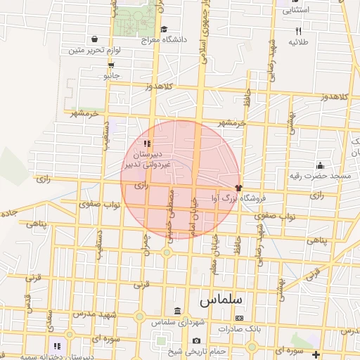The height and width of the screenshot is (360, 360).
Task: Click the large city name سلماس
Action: [x=220, y=299]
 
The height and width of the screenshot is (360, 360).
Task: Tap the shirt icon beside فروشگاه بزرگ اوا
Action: [x=239, y=188]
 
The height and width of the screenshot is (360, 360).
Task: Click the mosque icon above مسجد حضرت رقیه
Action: [x=320, y=165]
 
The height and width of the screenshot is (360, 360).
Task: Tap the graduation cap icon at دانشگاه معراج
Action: [x=164, y=30]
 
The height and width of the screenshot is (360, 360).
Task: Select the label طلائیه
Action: [x=298, y=41]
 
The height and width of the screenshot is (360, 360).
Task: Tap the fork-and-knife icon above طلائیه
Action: [x=298, y=31]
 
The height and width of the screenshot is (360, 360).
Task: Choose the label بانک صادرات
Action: [x=239, y=328]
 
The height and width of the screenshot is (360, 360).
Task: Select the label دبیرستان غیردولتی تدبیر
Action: [x=148, y=158]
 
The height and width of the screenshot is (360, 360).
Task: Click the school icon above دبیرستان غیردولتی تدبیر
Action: [x=146, y=143]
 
